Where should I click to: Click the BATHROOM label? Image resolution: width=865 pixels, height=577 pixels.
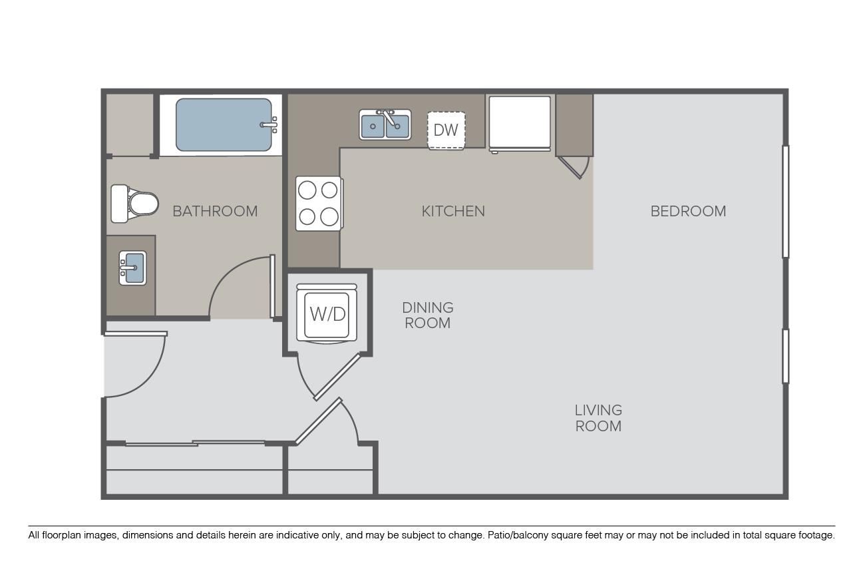(x=215, y=211)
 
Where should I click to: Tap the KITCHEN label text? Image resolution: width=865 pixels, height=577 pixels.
(x=453, y=211)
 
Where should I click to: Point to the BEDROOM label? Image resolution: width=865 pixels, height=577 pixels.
(x=688, y=211)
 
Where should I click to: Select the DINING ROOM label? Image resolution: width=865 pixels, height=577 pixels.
(x=427, y=315)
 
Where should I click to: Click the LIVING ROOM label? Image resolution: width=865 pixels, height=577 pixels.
(x=598, y=418)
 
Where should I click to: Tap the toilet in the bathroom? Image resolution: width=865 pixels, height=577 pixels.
(x=134, y=204)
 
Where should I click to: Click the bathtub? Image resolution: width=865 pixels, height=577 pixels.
(x=224, y=124)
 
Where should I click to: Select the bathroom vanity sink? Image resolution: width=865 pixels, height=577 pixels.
(x=132, y=268)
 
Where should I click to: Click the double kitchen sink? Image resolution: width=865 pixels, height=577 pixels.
(x=385, y=124)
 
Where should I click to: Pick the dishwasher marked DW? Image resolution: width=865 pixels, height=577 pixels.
(x=446, y=130)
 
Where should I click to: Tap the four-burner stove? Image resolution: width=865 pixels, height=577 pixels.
(x=319, y=204)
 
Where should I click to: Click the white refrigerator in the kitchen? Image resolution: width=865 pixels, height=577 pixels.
(x=520, y=124)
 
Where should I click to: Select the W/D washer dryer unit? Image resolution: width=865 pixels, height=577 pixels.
(x=327, y=313)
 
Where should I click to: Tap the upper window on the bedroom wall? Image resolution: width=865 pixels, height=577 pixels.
(x=785, y=202)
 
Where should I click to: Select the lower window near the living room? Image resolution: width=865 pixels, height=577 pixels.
(x=785, y=356)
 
